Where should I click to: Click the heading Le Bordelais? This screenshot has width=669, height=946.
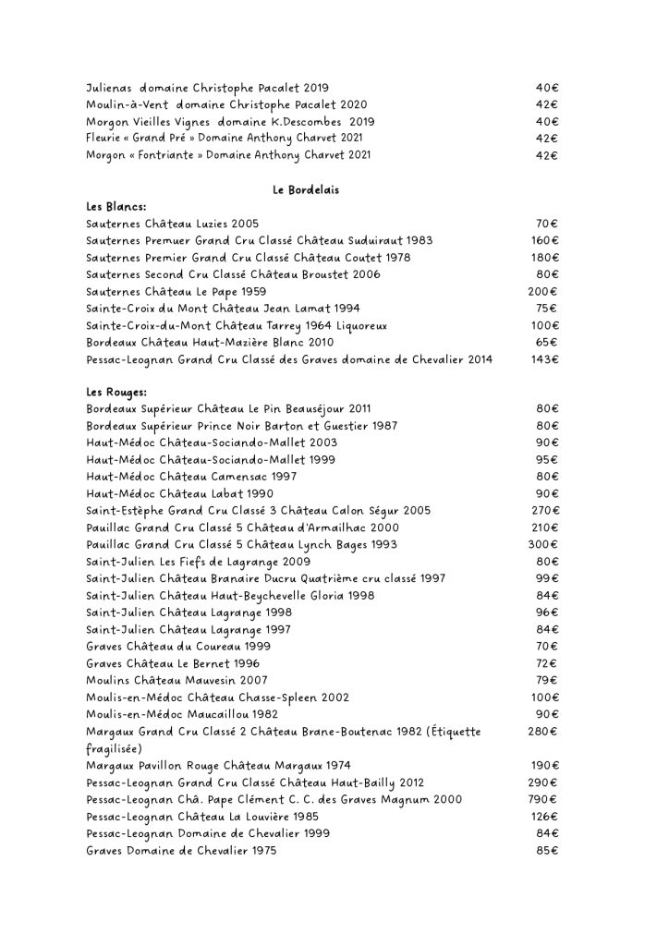(x=306, y=190)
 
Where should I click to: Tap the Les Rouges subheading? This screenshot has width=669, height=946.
(x=111, y=392)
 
